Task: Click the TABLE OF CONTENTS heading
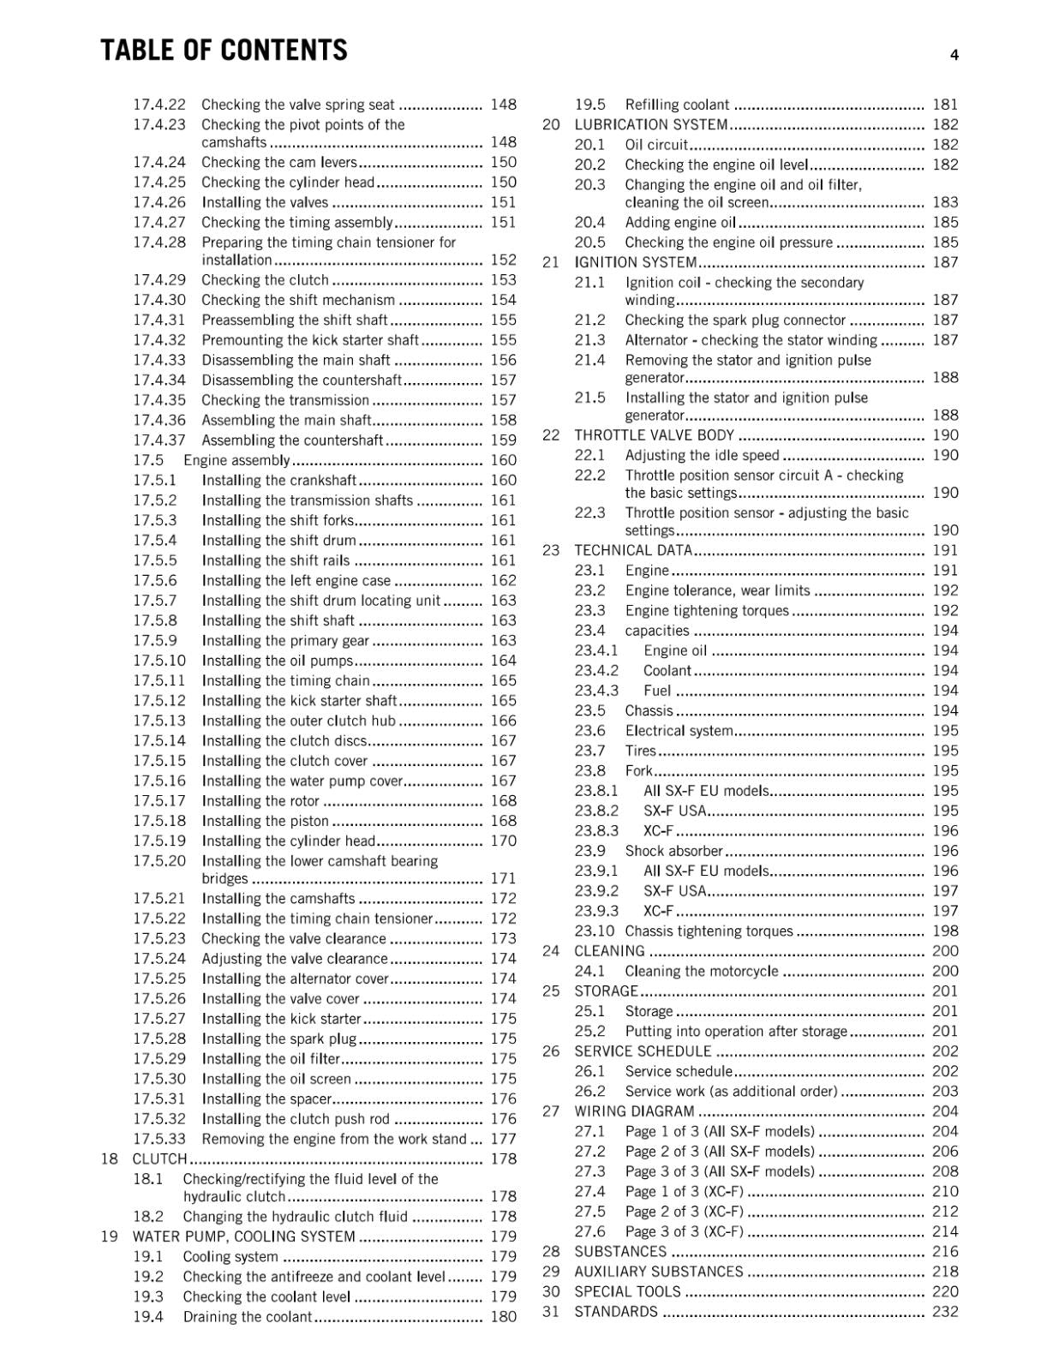[224, 51]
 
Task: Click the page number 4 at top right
[954, 55]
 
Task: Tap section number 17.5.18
[159, 821]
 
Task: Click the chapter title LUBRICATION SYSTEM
[651, 125]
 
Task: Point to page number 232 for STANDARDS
[945, 1312]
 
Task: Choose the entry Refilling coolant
[677, 105]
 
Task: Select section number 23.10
[594, 931]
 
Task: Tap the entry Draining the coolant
[248, 1317]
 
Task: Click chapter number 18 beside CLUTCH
[109, 1159]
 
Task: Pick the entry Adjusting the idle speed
[702, 456]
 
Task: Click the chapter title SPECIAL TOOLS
[627, 1292]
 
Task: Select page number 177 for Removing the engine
[503, 1140]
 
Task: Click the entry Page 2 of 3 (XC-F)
[684, 1212]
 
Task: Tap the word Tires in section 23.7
[640, 751]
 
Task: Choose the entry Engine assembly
[236, 461]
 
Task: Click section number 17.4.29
[159, 280]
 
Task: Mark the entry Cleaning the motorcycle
[702, 972]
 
